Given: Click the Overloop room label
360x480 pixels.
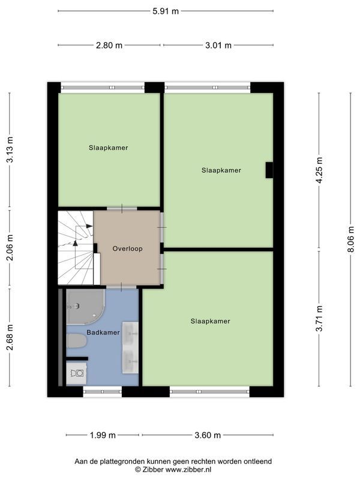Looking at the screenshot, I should coord(127,248).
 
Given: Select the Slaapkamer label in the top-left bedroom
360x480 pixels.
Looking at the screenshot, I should coord(108,148).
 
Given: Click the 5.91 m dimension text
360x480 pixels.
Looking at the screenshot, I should coord(165,10).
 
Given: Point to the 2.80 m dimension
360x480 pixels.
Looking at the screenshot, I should coord(110,45).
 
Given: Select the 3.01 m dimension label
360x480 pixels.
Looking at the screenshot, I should coord(218,45).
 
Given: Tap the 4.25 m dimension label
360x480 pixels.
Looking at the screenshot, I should coord(319,170).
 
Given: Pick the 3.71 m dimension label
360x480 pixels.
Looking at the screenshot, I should coord(319,319).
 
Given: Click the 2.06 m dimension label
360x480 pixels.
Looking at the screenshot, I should coord(10,248).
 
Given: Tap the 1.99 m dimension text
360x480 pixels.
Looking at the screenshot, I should coord(103,436).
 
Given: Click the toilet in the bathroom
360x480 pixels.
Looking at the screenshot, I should coord(77,341).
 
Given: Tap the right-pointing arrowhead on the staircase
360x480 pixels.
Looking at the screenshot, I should coord(89,226).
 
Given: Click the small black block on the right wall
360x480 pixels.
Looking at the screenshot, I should coord(269,170).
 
